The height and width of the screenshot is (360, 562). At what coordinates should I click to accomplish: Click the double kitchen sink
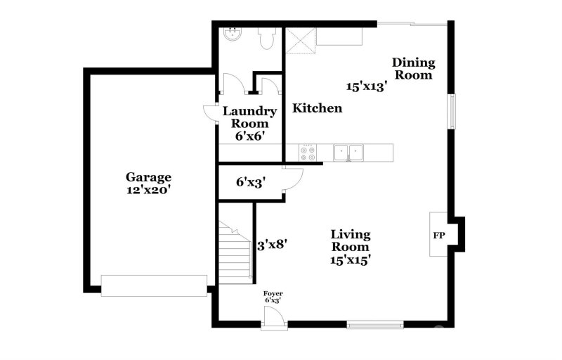click(x=348, y=152)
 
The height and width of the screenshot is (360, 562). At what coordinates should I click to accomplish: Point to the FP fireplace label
click(x=437, y=233)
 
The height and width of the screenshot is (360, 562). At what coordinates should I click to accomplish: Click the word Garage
click(x=148, y=176)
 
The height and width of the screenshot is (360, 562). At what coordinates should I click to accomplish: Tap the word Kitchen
click(x=318, y=108)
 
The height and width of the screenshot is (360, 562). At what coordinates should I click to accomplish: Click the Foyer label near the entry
click(x=273, y=293)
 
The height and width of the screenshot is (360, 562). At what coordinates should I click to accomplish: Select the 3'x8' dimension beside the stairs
click(x=271, y=244)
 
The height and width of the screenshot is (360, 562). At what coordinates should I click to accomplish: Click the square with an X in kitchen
click(x=299, y=41)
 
